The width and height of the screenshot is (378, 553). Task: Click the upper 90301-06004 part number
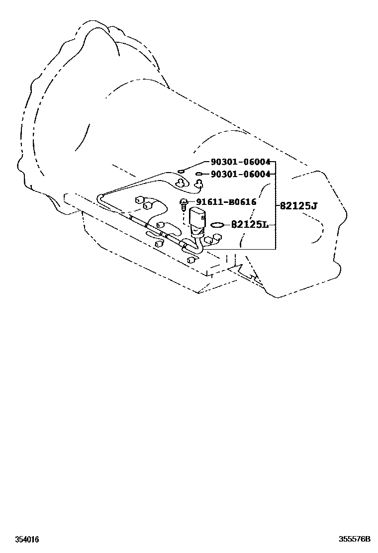click(241, 162)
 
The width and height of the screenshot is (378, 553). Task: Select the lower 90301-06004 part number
click(241, 174)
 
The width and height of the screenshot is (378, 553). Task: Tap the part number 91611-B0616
click(226, 202)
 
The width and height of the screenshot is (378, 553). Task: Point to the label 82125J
click(298, 205)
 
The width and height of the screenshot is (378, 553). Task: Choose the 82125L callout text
click(250, 224)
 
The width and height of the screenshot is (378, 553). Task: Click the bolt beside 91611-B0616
click(184, 204)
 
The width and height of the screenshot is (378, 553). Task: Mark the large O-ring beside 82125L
click(217, 225)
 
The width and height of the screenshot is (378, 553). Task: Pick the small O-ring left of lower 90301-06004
click(198, 174)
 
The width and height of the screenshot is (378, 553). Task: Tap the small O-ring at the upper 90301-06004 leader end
click(181, 172)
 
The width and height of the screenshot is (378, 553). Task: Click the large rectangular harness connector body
click(197, 218)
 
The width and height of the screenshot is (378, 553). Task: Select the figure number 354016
click(27, 540)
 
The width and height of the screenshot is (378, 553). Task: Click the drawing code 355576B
click(355, 539)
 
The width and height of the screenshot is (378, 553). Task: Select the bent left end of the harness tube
click(100, 197)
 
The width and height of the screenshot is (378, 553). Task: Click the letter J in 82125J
click(314, 206)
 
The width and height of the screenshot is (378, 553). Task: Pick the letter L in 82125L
click(265, 224)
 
